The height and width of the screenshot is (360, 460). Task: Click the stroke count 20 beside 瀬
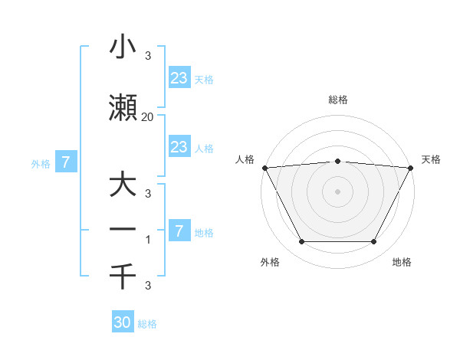pos(147,117)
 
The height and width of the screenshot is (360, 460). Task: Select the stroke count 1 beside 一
pos(147,240)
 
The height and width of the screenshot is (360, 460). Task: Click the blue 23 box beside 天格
pos(179,77)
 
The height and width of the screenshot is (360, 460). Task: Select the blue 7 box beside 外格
pos(67,162)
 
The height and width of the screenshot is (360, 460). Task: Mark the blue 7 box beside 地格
pos(179,230)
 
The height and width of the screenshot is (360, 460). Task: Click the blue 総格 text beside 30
pos(147,324)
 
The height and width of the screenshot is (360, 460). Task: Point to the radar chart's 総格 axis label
pos(337,100)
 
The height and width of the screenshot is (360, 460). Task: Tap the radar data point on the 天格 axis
pos(411,167)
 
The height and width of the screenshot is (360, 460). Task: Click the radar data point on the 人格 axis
pos(264,167)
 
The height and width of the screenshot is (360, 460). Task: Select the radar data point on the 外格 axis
pos(301,242)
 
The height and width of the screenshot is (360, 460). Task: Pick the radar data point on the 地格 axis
pos(374,242)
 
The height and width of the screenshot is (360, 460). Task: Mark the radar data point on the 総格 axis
pos(337,161)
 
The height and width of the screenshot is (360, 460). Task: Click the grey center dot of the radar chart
pos(337,191)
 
